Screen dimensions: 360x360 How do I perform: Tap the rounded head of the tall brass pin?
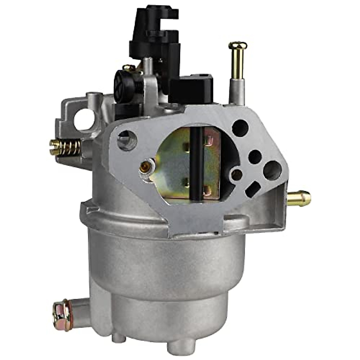tap(238, 46)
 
